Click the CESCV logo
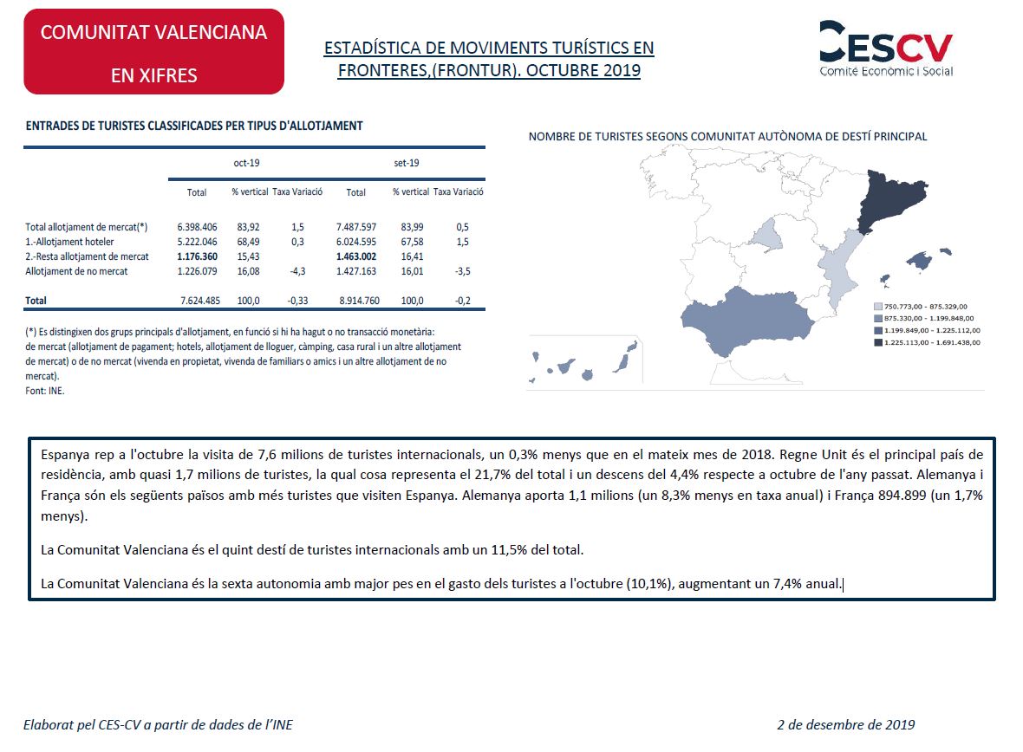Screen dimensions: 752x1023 coord(885,49)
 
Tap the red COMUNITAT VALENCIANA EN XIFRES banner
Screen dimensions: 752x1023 coord(153,52)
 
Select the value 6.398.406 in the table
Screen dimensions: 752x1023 coord(197,227)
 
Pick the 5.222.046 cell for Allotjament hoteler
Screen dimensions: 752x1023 coord(197,242)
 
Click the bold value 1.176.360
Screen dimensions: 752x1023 coord(197,256)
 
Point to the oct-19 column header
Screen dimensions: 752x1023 coord(246,163)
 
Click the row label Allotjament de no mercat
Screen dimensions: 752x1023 coord(76,271)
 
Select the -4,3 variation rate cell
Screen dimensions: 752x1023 coord(297,271)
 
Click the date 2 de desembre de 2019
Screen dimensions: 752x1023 coord(845,724)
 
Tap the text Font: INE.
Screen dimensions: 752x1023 coord(45,391)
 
